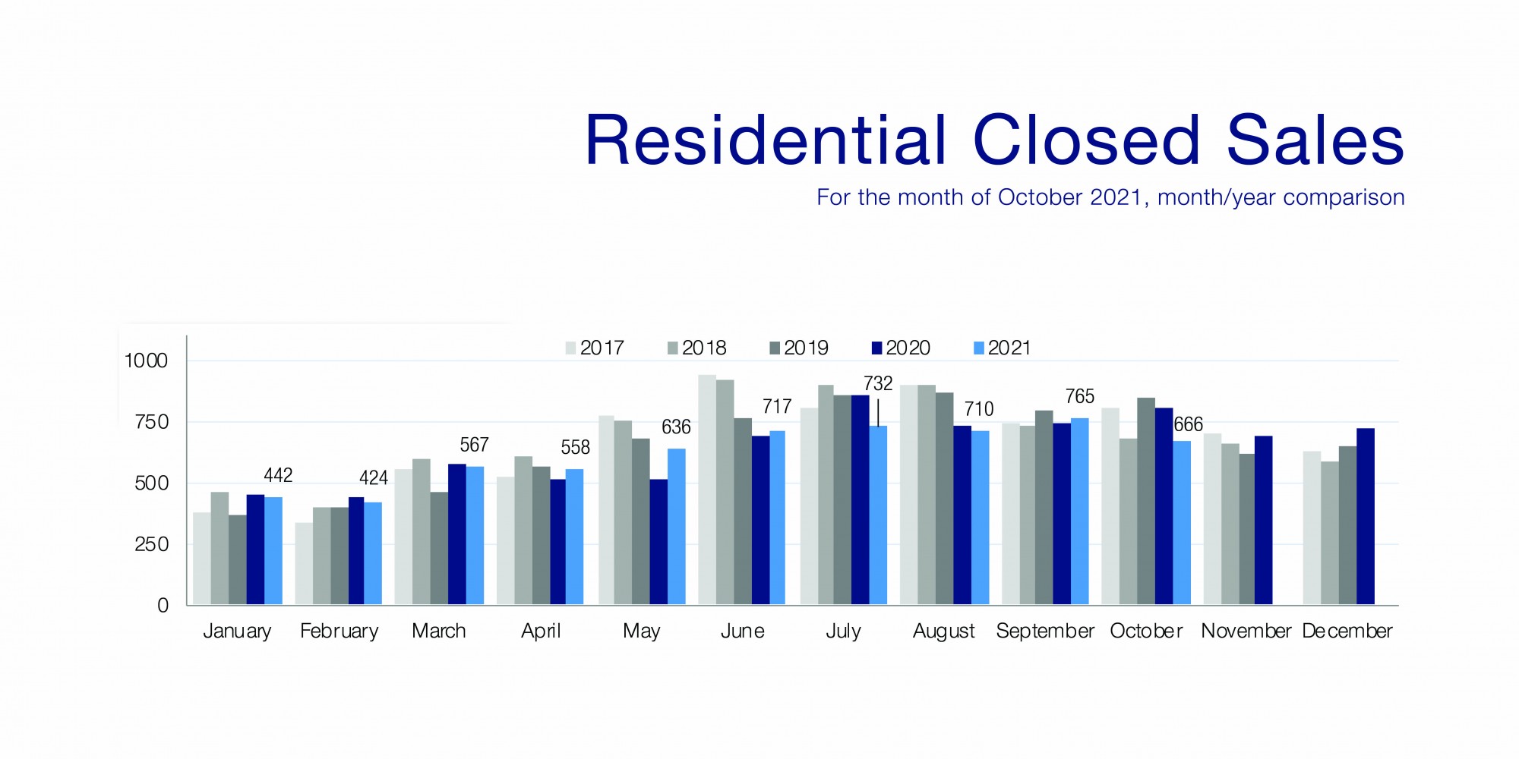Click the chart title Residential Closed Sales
[x=993, y=140]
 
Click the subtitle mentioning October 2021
[x=1110, y=197]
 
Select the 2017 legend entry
[x=595, y=348]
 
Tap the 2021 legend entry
[x=1003, y=348]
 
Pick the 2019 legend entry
[x=799, y=348]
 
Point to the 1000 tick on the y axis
[x=146, y=361]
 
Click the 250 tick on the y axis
[x=151, y=544]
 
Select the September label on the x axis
[x=1045, y=631]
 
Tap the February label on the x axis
[x=339, y=631]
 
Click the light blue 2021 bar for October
[x=1182, y=523]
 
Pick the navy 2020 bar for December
[x=1366, y=516]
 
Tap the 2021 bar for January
[x=273, y=551]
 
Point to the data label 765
[x=1079, y=396]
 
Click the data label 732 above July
[x=878, y=383]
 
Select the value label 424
[x=374, y=477]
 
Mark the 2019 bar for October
[x=1146, y=501]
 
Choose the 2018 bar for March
[x=421, y=531]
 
